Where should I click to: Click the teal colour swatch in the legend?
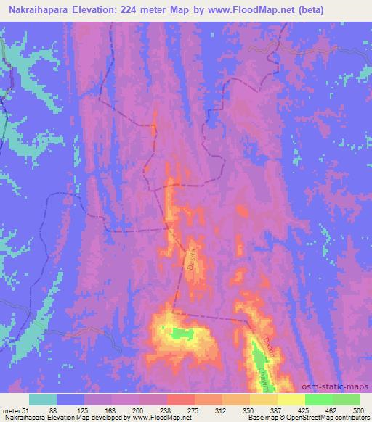click(43, 400)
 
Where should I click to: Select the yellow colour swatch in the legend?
click(291, 400)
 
